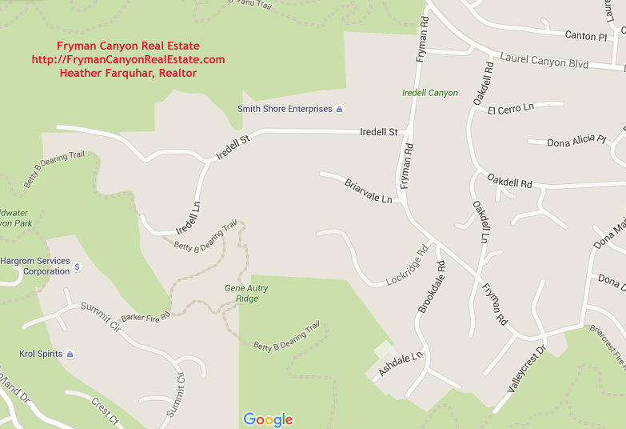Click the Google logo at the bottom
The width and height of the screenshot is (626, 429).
[268, 419]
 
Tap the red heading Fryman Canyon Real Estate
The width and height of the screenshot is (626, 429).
[128, 46]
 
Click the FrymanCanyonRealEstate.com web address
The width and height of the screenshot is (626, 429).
[128, 59]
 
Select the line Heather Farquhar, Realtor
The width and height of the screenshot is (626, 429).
[128, 73]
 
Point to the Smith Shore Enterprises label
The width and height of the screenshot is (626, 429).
[285, 109]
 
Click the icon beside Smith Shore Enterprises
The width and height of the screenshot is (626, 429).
[339, 109]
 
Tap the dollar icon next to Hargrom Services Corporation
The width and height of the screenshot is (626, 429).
[78, 267]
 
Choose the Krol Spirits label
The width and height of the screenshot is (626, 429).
[41, 354]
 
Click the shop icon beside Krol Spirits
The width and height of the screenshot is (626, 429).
[70, 354]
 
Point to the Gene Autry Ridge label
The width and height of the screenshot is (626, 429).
[246, 293]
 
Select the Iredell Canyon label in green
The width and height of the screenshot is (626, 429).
[430, 93]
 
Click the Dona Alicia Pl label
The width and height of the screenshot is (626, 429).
[576, 142]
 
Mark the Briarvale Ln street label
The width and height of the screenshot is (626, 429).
[368, 190]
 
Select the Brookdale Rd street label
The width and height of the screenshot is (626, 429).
[432, 287]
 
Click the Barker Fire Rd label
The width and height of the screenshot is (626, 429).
[146, 317]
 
